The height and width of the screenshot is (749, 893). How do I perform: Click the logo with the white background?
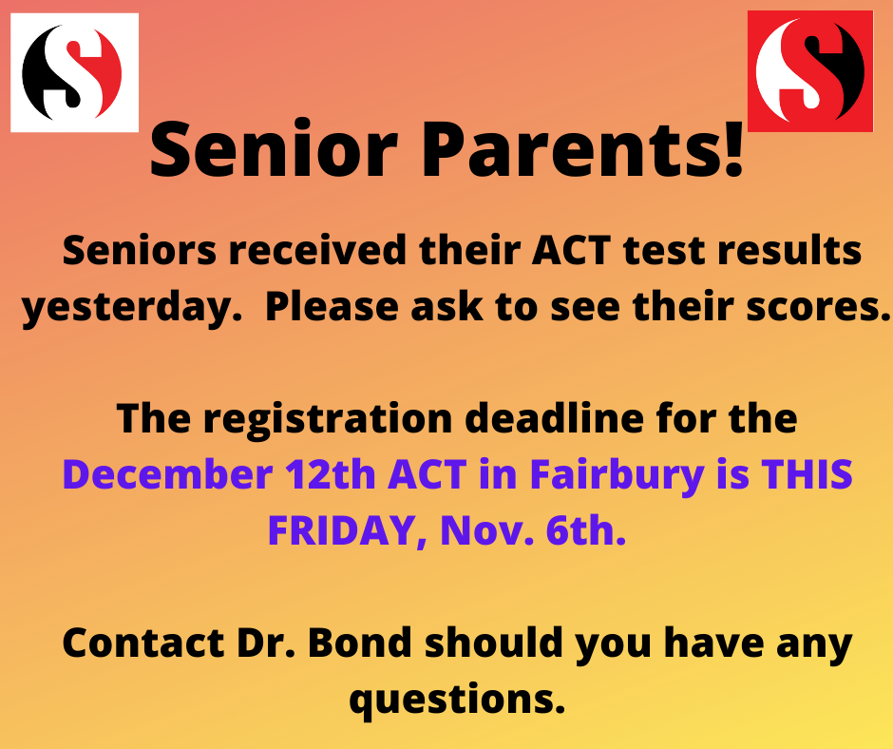[x=75, y=72]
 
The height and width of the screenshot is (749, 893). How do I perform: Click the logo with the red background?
[x=809, y=71]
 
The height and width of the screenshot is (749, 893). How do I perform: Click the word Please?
[x=332, y=306]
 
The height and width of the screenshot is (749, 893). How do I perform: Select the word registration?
[x=328, y=420]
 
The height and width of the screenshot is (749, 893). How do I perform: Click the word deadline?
[x=554, y=418]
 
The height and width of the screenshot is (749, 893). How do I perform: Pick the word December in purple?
[x=168, y=474]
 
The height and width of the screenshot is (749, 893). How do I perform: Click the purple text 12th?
[x=331, y=474]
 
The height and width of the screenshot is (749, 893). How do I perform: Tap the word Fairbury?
[x=617, y=475]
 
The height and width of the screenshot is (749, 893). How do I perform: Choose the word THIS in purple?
[x=807, y=474]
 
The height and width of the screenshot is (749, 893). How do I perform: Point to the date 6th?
[x=586, y=530]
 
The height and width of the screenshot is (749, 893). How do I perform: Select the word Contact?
[x=142, y=643]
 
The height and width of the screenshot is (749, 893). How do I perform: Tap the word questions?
[x=457, y=700]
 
